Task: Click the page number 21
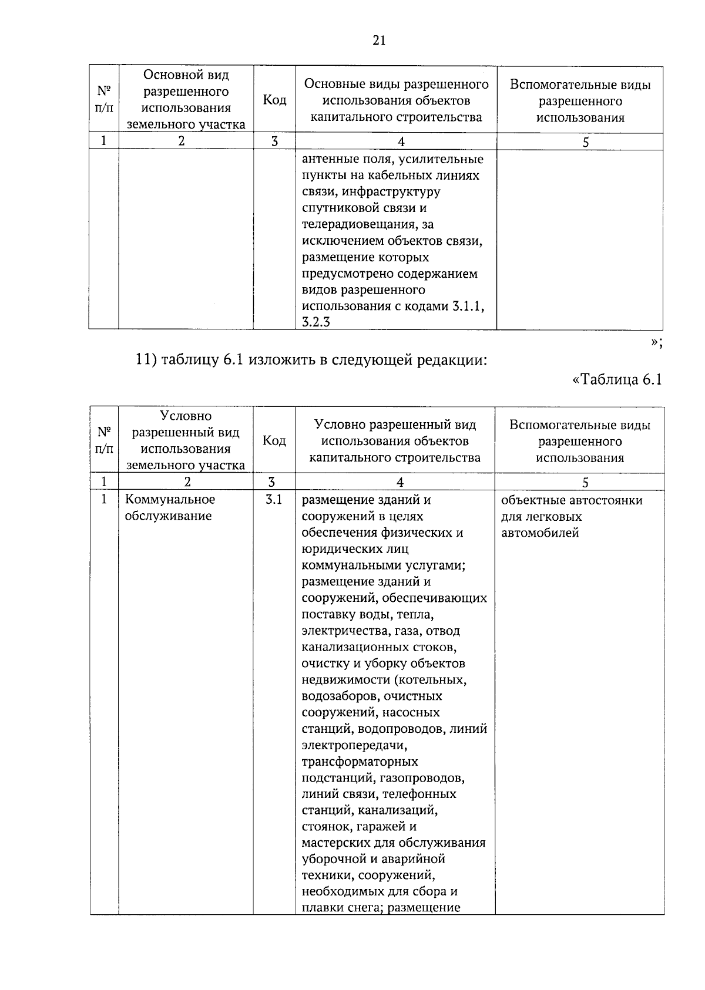[379, 40]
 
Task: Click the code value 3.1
[274, 500]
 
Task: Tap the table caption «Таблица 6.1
[617, 379]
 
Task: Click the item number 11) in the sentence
[145, 360]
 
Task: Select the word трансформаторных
[360, 762]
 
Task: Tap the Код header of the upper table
[274, 100]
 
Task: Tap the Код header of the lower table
[274, 440]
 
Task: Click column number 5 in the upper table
[585, 142]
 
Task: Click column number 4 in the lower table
[400, 482]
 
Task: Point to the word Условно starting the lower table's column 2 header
[186, 416]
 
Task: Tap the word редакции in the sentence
[452, 360]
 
